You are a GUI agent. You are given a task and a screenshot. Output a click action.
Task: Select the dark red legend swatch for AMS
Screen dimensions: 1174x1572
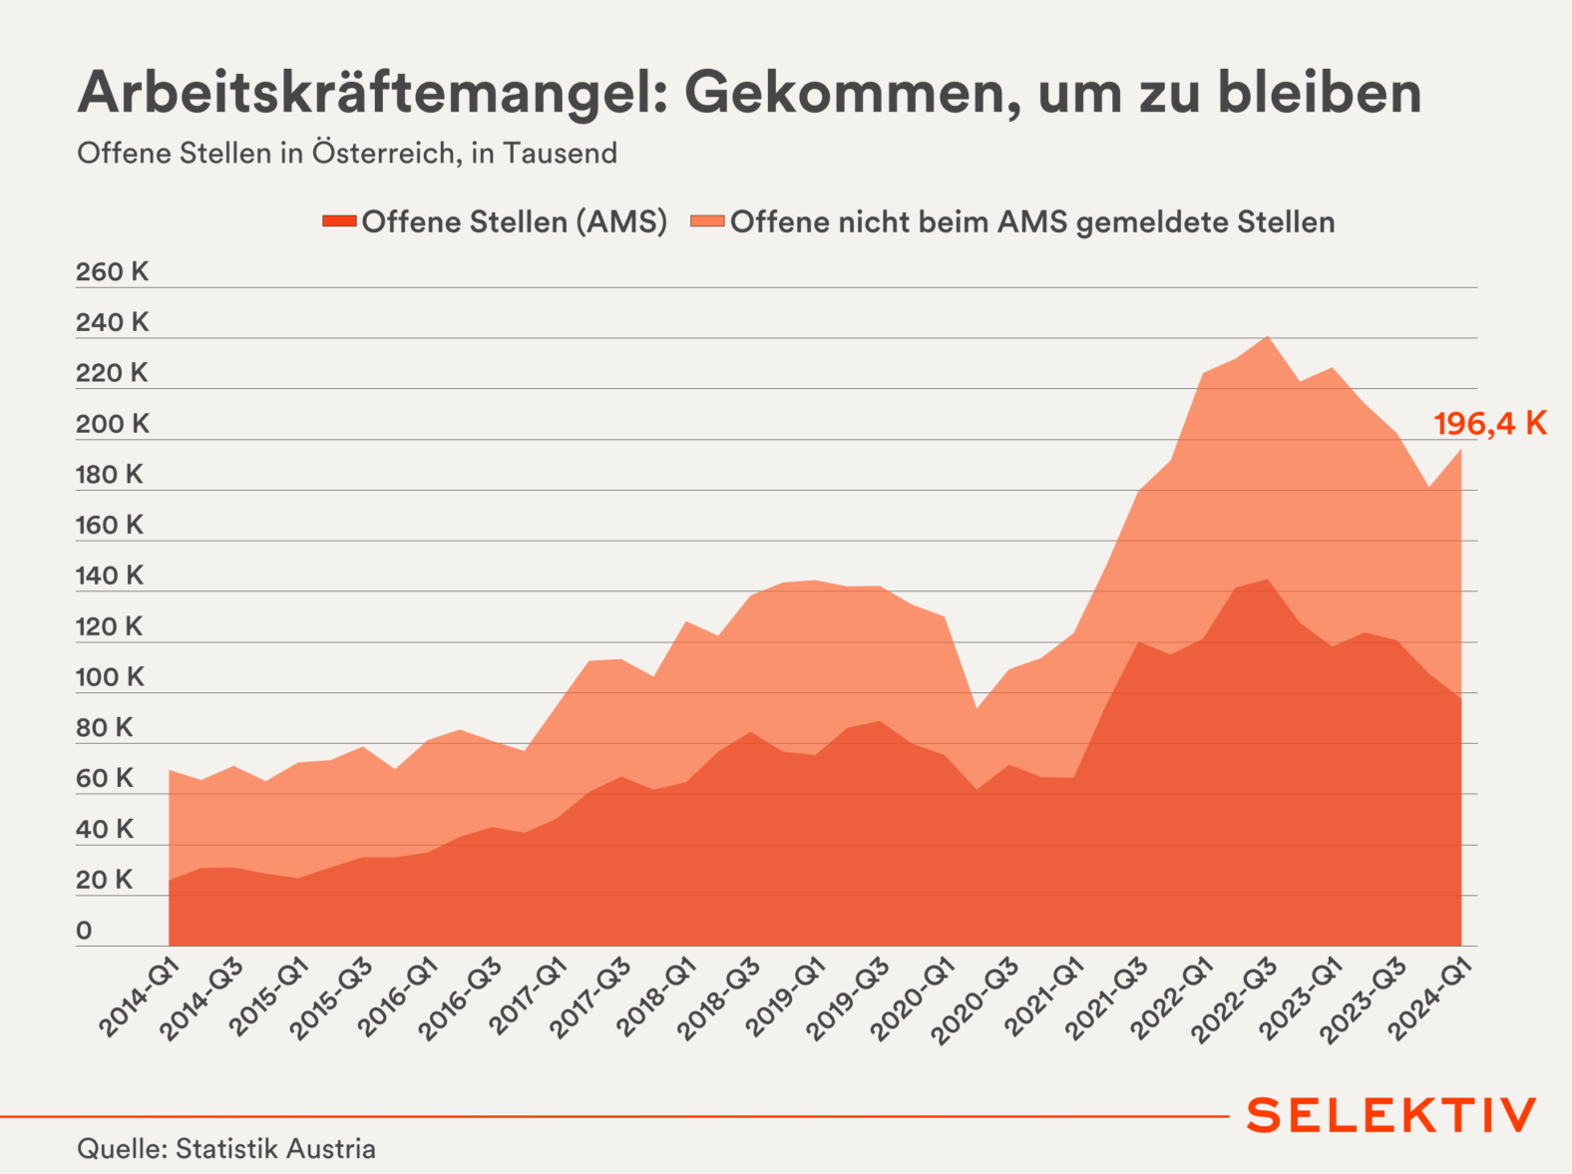point(339,221)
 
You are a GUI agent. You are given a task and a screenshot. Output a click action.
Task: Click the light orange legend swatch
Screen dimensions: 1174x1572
point(707,221)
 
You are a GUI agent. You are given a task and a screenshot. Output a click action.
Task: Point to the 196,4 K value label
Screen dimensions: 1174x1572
point(1490,424)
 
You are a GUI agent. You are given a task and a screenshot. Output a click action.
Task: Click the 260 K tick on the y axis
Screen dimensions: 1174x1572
point(112,272)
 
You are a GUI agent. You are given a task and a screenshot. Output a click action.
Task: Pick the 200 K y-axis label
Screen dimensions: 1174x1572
point(112,424)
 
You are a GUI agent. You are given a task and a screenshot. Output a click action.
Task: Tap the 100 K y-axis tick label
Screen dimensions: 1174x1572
point(110,677)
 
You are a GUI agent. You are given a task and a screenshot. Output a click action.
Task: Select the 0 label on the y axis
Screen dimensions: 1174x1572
point(84,931)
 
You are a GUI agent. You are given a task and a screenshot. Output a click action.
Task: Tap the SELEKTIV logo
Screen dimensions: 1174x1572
point(1391,1115)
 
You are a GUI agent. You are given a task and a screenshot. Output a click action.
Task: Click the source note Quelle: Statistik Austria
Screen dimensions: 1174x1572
point(226,1149)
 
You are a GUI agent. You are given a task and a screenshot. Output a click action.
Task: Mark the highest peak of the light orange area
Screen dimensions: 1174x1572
point(1267,337)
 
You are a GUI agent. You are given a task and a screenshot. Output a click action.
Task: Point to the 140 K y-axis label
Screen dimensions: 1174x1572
point(110,576)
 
